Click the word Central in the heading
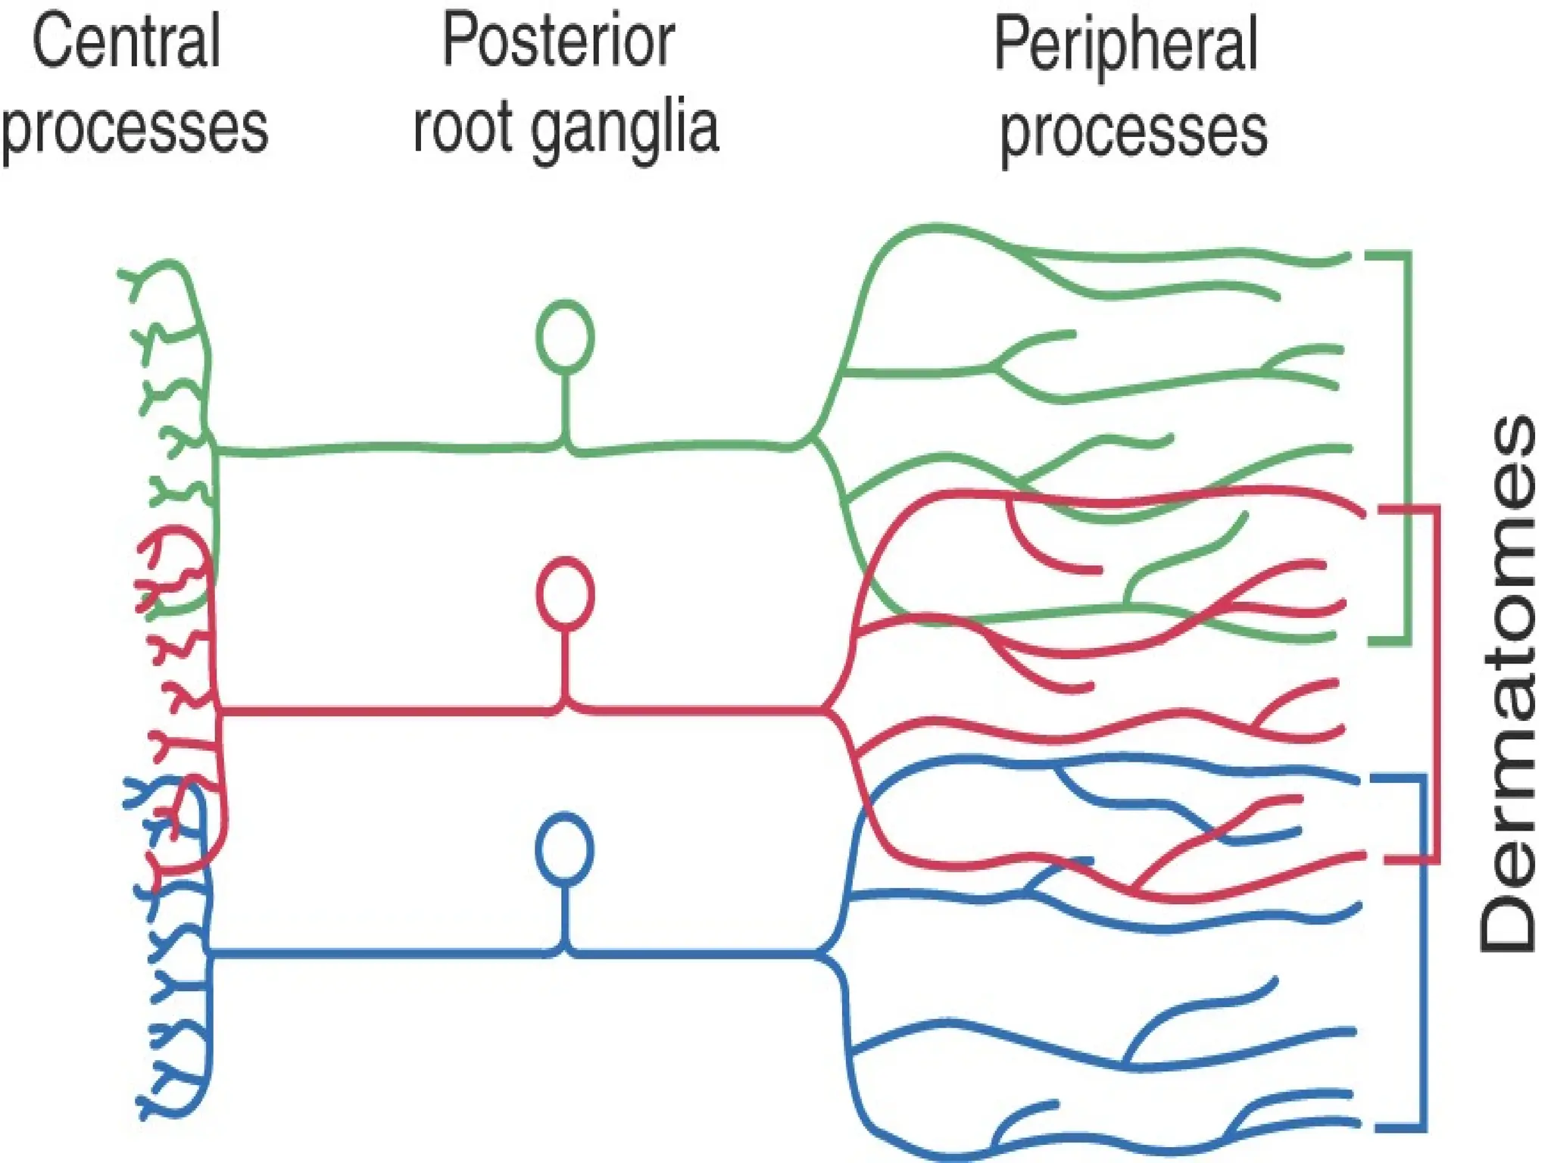[126, 42]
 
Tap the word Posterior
[558, 41]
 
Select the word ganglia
[624, 129]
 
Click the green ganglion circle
[565, 337]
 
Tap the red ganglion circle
[565, 594]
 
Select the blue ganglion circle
[565, 849]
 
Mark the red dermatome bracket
[1434, 681]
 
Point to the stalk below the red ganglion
[565, 666]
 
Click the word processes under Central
[135, 129]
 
